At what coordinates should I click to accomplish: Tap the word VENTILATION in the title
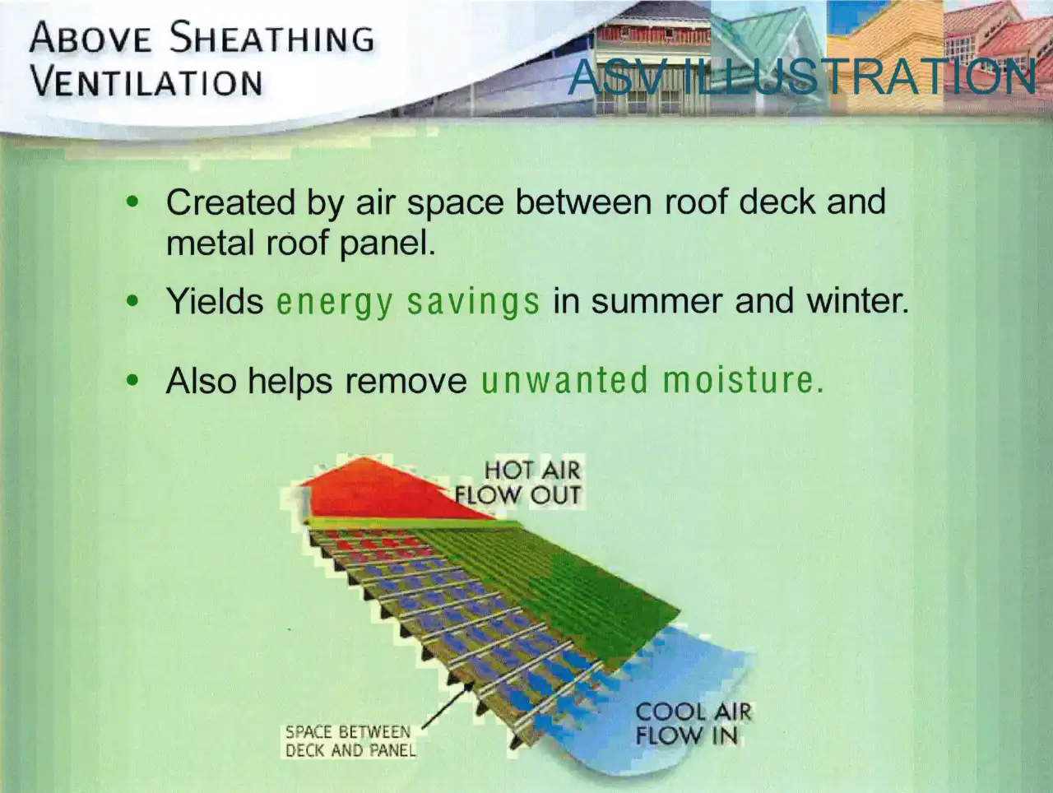(146, 81)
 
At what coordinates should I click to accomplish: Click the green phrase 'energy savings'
(408, 302)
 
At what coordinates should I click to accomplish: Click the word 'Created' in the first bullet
(230, 202)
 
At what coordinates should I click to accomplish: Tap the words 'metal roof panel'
(301, 243)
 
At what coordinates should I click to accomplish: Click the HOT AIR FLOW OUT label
(518, 483)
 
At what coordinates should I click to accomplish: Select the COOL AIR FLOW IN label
(693, 724)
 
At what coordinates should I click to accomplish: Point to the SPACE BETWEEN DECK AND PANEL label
(350, 740)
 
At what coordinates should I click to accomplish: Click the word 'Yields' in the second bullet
(215, 302)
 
